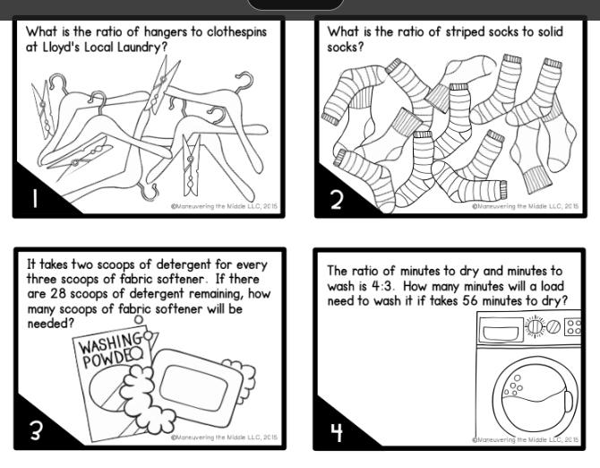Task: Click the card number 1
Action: [x=34, y=197]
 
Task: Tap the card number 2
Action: [x=336, y=198]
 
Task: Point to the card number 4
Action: [x=337, y=431]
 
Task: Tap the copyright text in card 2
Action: [x=525, y=206]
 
